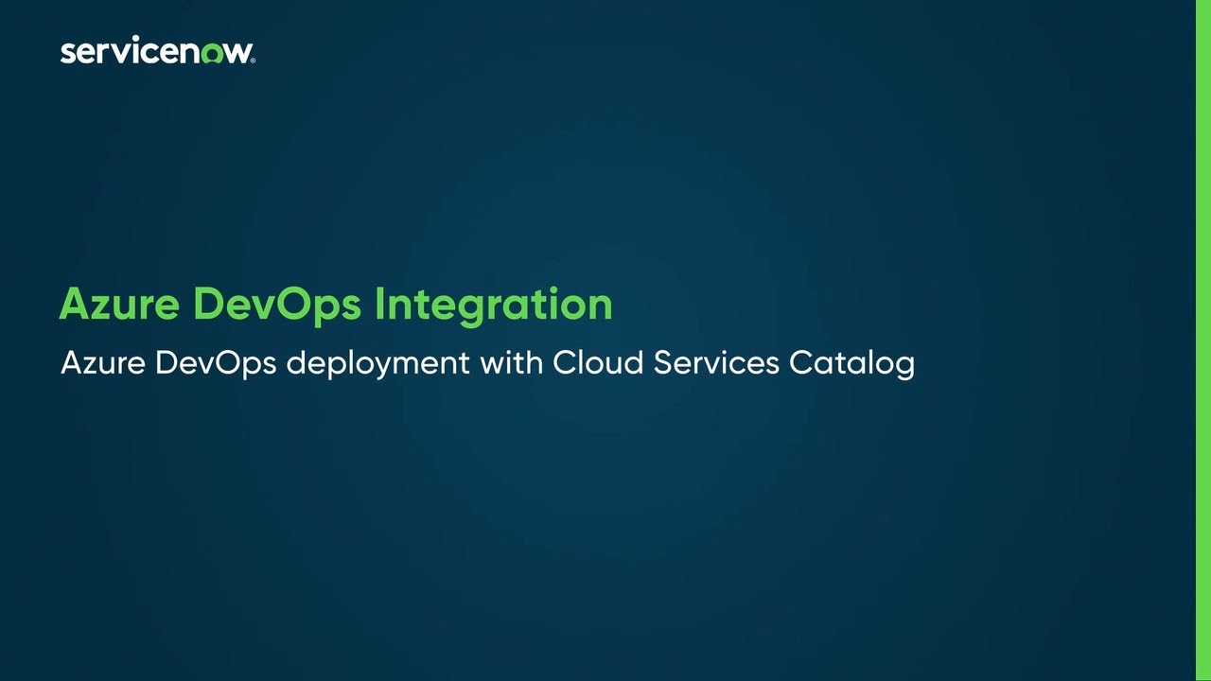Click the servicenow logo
pos(157,51)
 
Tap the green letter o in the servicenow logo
pos(212,53)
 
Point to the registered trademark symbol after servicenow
pos(252,60)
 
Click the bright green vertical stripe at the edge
pos(1202,340)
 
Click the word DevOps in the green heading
pos(277,305)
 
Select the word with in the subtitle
pos(511,363)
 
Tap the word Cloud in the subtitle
pos(592,363)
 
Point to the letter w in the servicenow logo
pos(237,53)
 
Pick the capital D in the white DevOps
pos(166,363)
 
